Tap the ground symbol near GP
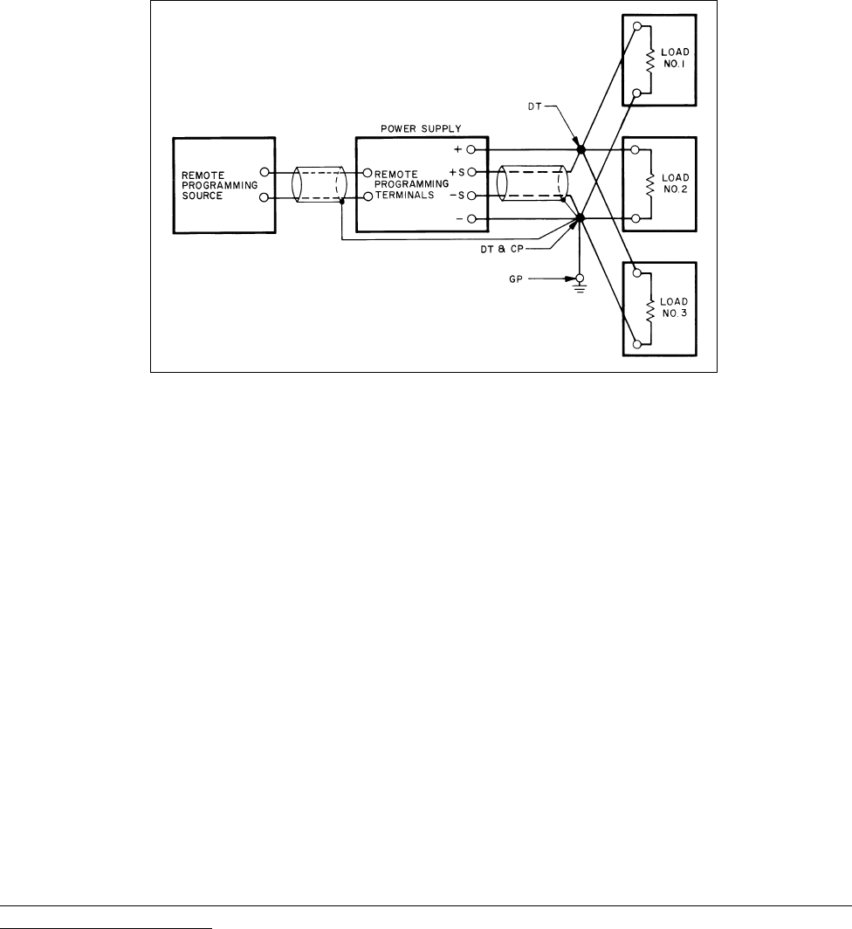click(x=577, y=282)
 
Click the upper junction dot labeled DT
click(x=581, y=149)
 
